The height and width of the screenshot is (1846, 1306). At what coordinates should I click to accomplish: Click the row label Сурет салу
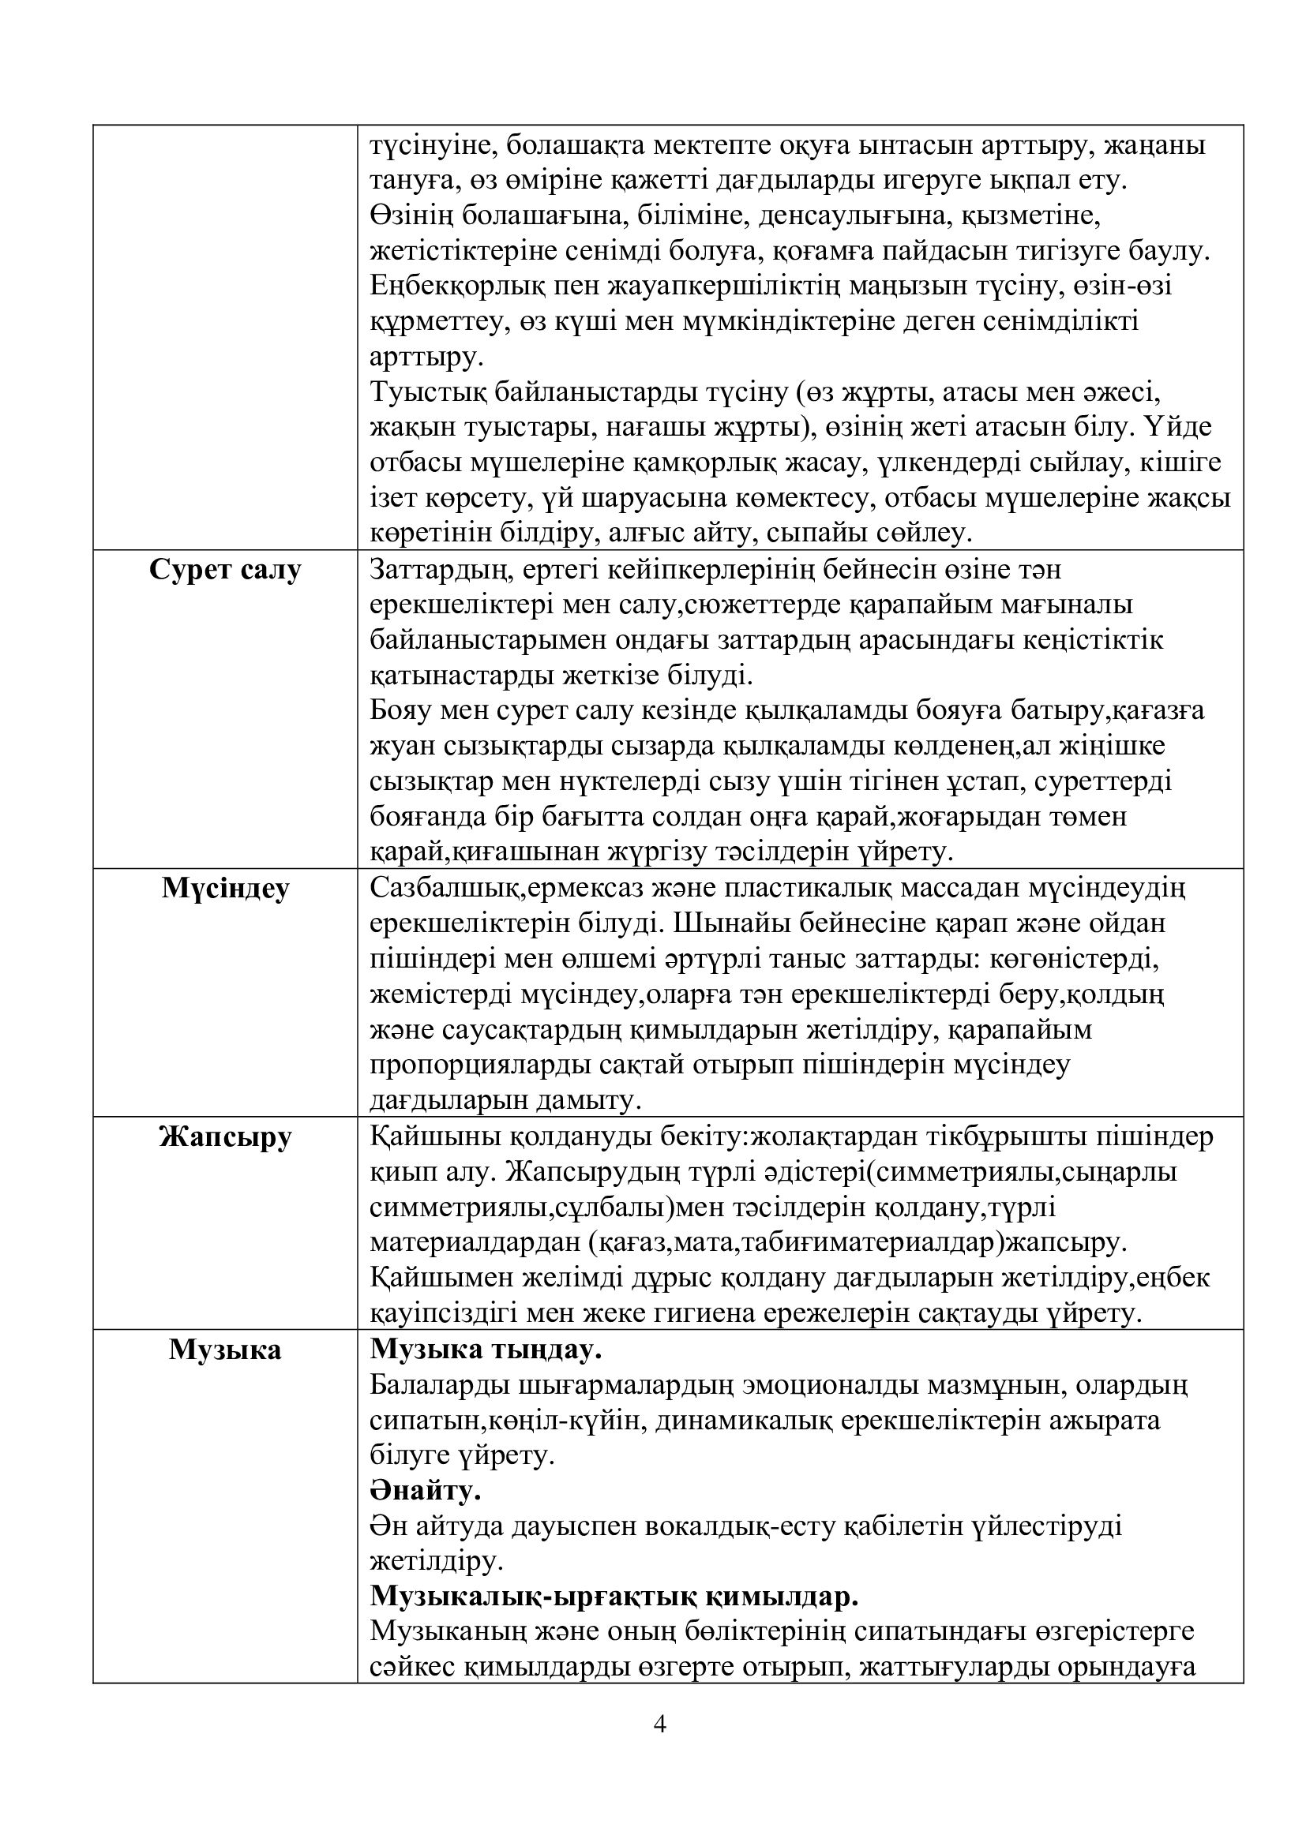[225, 570]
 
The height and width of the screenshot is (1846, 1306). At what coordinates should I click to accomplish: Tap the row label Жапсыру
[225, 1136]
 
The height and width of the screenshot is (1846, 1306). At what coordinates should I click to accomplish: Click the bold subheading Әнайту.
[426, 1492]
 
